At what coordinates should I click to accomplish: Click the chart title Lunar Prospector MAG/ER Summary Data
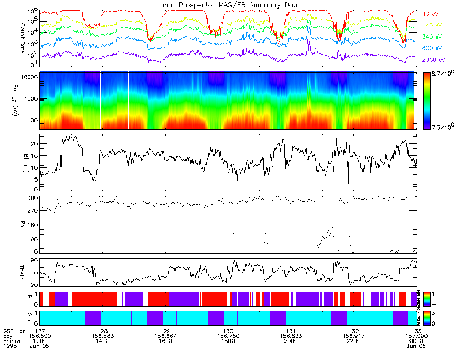228,5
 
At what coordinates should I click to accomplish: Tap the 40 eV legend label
432,13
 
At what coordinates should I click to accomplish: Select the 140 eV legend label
433,25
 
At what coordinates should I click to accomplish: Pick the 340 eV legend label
433,37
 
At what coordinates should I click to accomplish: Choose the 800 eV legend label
433,48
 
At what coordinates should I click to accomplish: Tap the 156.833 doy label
291,335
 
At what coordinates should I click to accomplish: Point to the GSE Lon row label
13,330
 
